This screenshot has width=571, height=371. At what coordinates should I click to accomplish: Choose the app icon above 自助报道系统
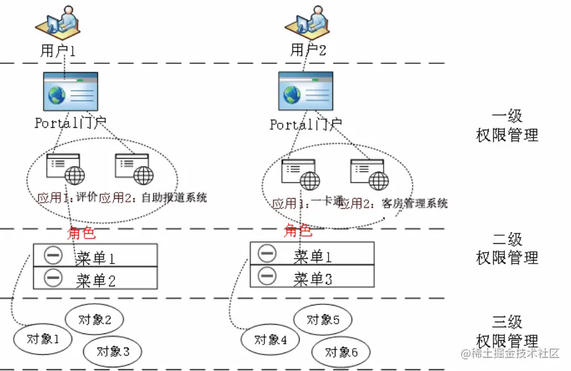click(134, 169)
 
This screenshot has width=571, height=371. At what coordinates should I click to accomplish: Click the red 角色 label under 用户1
click(81, 233)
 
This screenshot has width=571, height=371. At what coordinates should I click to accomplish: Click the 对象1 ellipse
click(43, 339)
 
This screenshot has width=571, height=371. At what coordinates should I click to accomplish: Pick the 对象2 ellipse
click(94, 320)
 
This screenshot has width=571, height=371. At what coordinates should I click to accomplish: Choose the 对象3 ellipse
click(113, 351)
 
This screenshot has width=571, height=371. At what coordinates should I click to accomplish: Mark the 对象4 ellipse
click(269, 339)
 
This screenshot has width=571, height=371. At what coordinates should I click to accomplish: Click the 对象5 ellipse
click(322, 320)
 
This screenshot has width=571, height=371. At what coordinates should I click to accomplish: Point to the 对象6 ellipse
click(341, 352)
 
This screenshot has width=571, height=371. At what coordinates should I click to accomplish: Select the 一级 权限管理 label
click(507, 125)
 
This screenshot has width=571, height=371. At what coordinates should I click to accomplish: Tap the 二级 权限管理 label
click(507, 248)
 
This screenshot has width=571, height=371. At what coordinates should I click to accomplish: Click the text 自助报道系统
click(174, 198)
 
